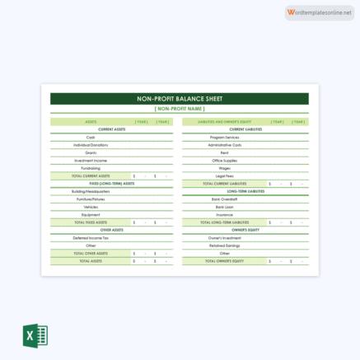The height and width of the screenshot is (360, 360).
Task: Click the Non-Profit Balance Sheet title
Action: coord(180,98)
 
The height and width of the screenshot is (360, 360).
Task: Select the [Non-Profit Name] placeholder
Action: coord(180,108)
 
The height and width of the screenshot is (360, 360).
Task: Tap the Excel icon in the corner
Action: coord(35,336)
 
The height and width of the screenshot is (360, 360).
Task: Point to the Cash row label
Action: coord(91,137)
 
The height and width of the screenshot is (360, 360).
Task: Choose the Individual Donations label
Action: coord(91,145)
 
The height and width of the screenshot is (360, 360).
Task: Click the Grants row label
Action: coord(91,152)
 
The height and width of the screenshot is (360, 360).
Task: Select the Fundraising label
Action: coord(91,168)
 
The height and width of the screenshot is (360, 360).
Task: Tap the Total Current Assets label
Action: coord(91,175)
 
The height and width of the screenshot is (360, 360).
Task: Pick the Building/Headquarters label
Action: coord(91,191)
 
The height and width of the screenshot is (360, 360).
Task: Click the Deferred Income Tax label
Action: coord(91,237)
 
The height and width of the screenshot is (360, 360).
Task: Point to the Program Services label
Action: coord(224,137)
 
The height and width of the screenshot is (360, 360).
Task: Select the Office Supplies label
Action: coord(224,160)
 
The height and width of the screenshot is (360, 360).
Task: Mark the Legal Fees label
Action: coord(224,175)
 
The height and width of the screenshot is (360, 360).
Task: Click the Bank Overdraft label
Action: coord(224,199)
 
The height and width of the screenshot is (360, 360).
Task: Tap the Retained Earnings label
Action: coord(224,245)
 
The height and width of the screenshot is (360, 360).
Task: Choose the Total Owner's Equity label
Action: coord(224,260)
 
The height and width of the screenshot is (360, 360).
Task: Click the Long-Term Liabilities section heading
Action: coord(245,191)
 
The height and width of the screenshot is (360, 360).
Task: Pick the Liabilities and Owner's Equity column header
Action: coord(224,121)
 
